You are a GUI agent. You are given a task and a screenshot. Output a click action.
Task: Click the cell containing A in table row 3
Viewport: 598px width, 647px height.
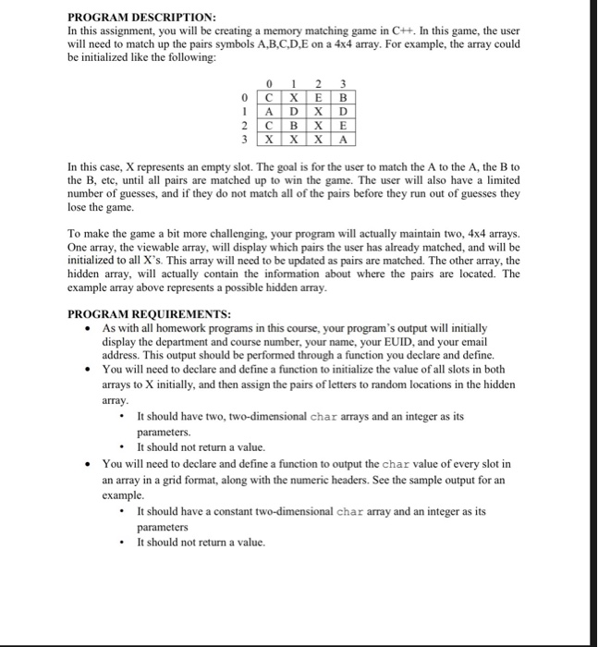click(344, 142)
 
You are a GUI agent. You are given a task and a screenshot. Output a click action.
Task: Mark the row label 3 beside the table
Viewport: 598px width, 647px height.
click(243, 142)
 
